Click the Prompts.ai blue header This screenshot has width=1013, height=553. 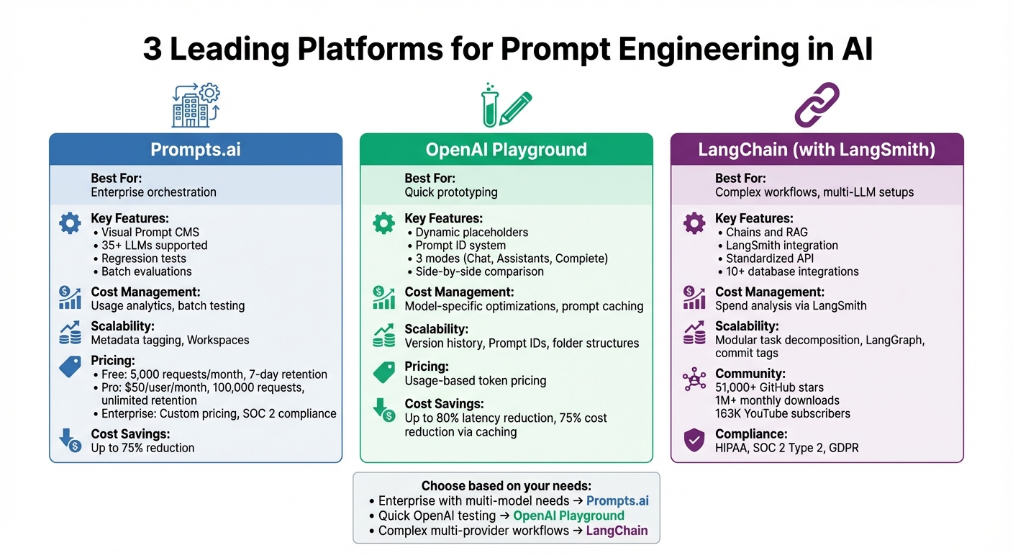(195, 150)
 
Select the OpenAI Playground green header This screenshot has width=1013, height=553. (506, 150)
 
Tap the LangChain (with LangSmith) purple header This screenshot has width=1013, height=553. (817, 150)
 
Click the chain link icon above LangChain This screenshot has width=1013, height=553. (817, 105)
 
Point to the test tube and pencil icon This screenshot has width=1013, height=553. (506, 106)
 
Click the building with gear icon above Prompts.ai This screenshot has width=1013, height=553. (196, 105)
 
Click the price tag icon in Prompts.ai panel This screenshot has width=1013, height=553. (70, 367)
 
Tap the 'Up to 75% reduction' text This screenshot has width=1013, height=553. (142, 448)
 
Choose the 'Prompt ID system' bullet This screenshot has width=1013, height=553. (460, 246)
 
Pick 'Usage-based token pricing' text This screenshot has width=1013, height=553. (476, 380)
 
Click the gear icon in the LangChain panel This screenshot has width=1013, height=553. (694, 224)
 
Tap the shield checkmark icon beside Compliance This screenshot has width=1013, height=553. (694, 439)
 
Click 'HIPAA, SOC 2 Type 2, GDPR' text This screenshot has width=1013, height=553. (786, 448)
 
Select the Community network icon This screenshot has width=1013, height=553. (694, 379)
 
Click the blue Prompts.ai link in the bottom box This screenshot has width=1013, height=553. (617, 501)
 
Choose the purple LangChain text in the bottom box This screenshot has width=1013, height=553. (617, 531)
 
